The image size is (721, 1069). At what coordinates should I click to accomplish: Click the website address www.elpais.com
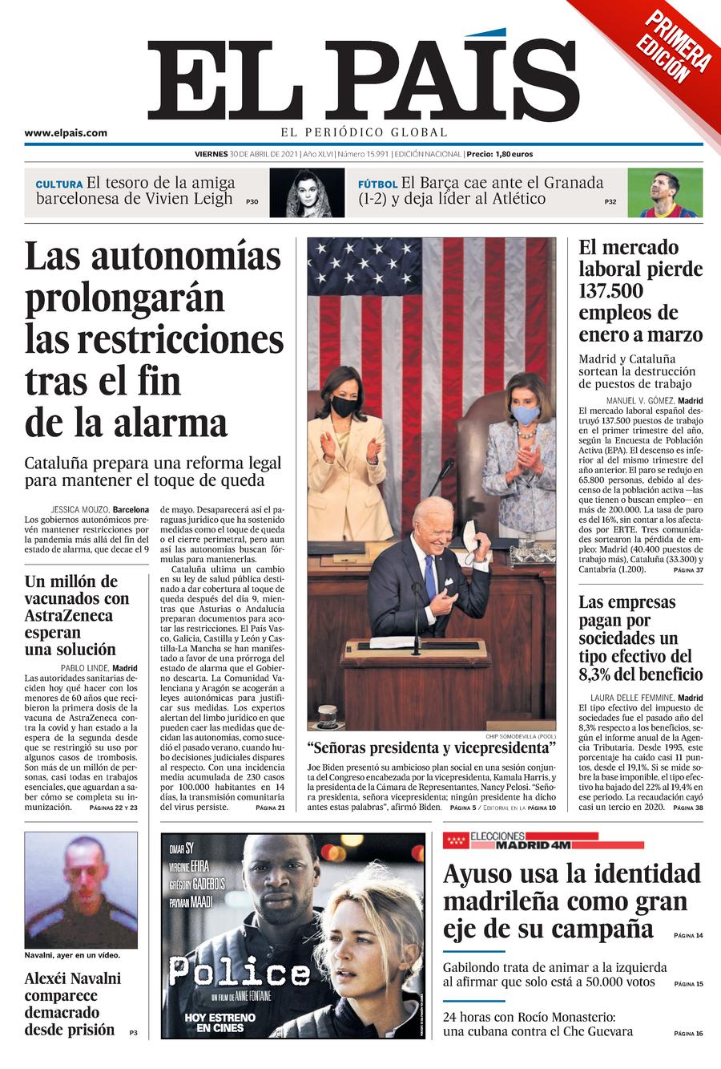(65, 133)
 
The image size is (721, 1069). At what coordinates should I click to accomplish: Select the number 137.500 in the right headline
(611, 291)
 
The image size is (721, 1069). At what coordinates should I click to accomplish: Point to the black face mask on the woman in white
(344, 407)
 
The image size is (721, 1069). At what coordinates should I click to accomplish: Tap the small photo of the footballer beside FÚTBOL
(664, 193)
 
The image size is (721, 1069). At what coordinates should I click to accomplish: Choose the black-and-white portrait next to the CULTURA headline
(306, 193)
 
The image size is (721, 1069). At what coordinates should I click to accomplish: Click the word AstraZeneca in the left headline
(68, 616)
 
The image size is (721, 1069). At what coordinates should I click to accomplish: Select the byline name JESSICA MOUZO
(79, 509)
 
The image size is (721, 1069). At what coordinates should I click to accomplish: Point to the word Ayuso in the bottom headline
(480, 873)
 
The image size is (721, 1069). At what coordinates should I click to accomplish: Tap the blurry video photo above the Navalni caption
(80, 890)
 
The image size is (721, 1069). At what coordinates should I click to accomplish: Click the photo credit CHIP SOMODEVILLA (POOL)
(520, 736)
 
